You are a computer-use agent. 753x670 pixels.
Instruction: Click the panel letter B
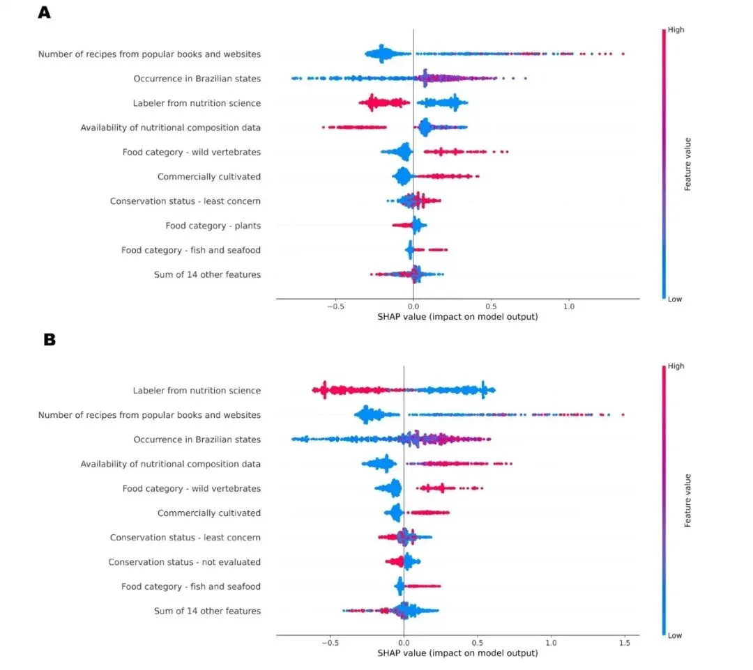click(49, 339)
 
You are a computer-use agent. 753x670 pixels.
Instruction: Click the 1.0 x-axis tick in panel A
click(569, 305)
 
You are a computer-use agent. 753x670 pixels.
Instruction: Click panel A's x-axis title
click(457, 316)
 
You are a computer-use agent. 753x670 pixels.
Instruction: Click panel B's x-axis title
click(457, 653)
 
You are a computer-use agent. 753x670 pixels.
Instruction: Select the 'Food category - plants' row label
click(213, 226)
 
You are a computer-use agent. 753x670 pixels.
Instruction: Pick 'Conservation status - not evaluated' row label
click(184, 562)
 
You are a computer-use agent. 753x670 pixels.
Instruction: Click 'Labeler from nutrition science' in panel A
click(197, 103)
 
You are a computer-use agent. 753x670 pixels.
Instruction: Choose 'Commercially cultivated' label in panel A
click(208, 177)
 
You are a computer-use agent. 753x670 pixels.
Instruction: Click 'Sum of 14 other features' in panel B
click(207, 611)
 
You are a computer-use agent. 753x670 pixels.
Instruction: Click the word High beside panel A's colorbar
click(676, 31)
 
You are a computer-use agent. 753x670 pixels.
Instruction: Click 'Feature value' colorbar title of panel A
click(687, 164)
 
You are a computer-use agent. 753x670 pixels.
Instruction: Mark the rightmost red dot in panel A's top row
click(623, 54)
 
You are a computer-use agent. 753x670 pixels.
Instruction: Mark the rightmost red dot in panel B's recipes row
click(623, 415)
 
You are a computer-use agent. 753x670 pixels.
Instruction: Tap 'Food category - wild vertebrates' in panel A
click(191, 153)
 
